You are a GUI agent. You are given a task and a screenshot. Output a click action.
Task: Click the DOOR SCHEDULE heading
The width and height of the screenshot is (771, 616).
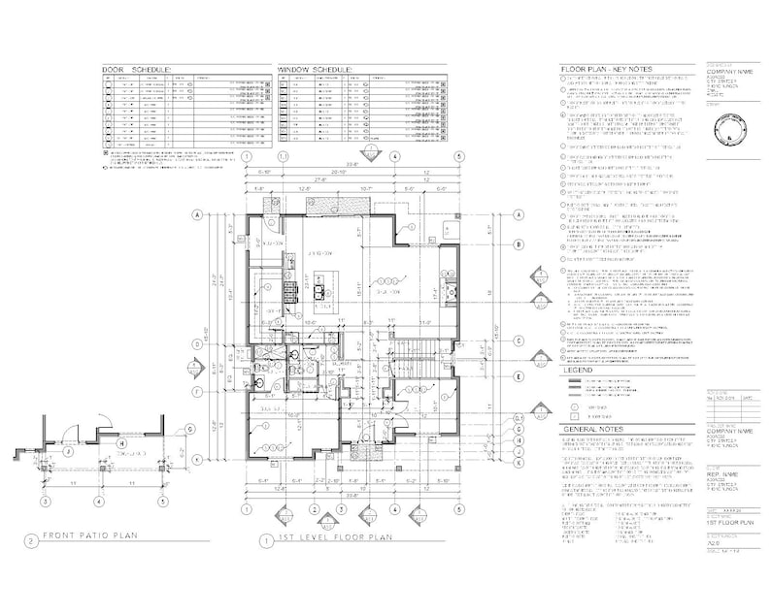(x=137, y=71)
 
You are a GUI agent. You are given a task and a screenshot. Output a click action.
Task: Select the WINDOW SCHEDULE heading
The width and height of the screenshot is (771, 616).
(x=316, y=71)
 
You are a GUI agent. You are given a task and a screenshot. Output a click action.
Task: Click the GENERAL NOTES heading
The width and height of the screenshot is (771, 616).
(x=594, y=430)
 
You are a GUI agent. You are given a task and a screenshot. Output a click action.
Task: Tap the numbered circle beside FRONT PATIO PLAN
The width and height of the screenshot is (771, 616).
(x=32, y=539)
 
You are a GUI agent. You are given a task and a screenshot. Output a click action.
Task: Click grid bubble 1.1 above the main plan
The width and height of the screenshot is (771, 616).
(x=283, y=155)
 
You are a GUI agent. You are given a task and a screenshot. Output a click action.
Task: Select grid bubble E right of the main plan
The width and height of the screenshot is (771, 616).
(x=520, y=375)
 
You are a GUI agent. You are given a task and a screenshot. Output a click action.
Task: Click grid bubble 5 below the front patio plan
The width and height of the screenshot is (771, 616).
(x=163, y=502)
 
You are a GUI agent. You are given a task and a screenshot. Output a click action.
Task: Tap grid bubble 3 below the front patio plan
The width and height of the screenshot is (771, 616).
(x=44, y=502)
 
